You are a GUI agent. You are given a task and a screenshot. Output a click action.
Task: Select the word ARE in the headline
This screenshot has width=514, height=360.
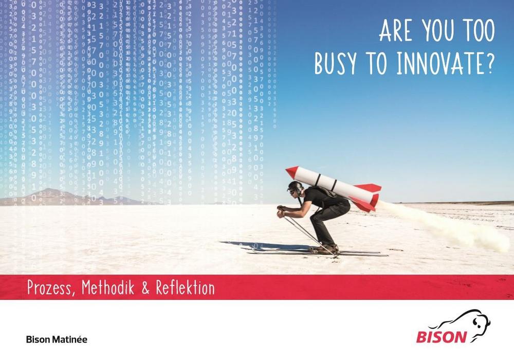tap(396, 30)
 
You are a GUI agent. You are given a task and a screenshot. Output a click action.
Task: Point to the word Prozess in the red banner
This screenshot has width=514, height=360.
tap(49, 287)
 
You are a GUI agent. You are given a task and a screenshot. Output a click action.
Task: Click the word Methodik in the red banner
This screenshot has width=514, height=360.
tap(108, 287)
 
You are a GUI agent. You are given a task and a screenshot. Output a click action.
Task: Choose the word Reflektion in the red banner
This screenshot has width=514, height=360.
tap(185, 287)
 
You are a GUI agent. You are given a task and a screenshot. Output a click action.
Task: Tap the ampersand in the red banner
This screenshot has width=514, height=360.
tap(145, 287)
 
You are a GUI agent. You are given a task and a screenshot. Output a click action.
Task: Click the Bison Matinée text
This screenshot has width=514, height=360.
tap(57, 339)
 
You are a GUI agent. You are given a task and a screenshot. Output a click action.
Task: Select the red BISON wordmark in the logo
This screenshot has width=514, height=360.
tap(442, 337)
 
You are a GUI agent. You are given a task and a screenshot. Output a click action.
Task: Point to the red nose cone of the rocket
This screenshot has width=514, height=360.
tap(292, 171)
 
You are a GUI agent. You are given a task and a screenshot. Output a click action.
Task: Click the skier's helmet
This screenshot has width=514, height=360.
tap(296, 186)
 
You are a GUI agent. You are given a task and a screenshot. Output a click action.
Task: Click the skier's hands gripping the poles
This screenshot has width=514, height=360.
tap(281, 211)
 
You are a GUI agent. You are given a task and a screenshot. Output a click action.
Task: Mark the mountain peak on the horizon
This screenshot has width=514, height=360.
tap(49, 189)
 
